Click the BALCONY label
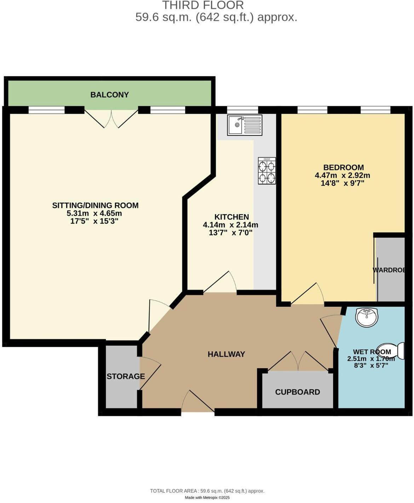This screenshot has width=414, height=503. pos(109,95)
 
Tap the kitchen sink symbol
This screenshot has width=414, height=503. pos(245,125)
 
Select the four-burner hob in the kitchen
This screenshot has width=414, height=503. pos(267,171)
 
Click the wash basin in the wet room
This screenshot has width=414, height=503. pos(367,316)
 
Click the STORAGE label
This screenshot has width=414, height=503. pos(126,377)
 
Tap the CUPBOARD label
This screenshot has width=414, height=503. pos(297,392)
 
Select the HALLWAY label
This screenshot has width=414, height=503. pos(226,354)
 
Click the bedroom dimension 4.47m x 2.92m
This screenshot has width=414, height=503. pos(342,176)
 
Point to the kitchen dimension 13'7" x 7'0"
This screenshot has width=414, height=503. pos(230,233)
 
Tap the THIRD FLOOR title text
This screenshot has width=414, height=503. pos(203,5)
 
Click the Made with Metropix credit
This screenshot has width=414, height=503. pos(207,498)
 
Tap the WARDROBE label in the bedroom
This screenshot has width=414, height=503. pos(389,270)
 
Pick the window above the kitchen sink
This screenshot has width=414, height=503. pos(242,110)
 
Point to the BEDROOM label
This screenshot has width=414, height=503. pos(343,167)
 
